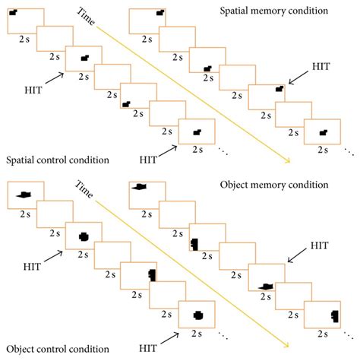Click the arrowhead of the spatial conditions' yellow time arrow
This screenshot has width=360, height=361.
click(x=288, y=160)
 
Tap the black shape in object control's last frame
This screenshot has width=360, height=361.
click(x=198, y=313)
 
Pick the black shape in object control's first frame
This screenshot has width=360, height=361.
click(x=21, y=195)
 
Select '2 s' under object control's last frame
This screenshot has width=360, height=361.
click(x=198, y=332)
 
